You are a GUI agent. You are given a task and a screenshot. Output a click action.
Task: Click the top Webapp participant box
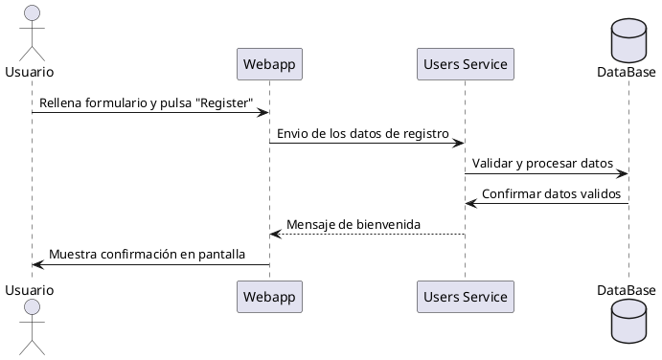269,64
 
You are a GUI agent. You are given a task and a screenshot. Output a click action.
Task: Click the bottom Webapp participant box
269,297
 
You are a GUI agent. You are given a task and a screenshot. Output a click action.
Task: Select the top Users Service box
466,64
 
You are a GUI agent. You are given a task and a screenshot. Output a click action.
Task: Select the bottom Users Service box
466,297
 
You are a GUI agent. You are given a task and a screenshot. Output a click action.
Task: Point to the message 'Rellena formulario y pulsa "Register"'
147,101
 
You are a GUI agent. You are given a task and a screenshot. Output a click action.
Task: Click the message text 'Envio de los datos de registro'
366,132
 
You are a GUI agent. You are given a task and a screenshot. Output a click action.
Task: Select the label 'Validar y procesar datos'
542,163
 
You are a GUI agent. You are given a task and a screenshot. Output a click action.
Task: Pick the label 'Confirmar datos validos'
551,193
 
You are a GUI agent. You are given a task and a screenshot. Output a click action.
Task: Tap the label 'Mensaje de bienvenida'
354,224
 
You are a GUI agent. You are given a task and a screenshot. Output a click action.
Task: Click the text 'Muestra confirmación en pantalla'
147,255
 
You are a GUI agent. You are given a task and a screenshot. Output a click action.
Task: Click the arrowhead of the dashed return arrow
275,235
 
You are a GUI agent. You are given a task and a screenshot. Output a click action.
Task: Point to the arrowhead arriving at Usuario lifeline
37,265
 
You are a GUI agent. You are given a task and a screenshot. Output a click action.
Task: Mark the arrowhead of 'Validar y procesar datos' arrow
623,173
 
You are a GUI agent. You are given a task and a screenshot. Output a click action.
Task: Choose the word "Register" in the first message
223,101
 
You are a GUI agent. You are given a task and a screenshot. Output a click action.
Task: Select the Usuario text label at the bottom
29,289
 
